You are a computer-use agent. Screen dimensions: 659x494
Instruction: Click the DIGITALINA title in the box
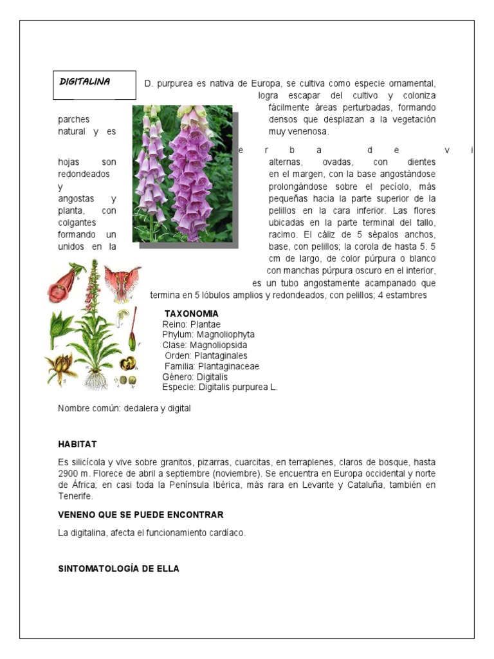click(x=85, y=82)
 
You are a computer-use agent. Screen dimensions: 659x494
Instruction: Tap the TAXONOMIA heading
click(x=192, y=313)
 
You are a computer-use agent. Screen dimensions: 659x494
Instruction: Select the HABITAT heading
click(x=77, y=444)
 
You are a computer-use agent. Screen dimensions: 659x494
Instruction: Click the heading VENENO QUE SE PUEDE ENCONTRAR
click(x=140, y=515)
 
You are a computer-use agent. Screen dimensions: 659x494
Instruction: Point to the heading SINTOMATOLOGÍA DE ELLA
click(x=118, y=569)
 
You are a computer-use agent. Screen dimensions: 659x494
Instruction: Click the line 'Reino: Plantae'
click(x=192, y=324)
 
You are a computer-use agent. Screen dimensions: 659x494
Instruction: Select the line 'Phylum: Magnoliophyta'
click(x=208, y=335)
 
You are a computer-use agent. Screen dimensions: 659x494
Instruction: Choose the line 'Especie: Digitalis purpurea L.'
click(x=220, y=387)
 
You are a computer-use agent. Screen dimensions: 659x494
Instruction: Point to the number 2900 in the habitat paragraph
click(x=69, y=473)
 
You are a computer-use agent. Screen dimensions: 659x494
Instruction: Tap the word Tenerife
click(x=75, y=496)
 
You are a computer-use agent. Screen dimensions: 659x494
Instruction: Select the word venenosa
click(x=308, y=131)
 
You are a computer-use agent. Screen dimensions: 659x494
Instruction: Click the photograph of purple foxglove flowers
click(x=183, y=174)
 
